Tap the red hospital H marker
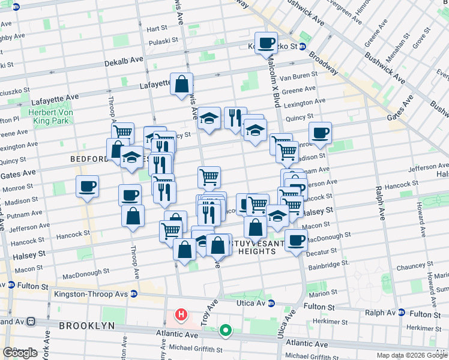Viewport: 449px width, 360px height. tap(180, 314)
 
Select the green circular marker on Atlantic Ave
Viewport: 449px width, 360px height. tap(226, 329)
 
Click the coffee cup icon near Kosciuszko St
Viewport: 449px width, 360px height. tap(266, 43)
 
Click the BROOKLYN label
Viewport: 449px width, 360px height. tap(86, 325)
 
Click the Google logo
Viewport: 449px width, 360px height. tap(20, 353)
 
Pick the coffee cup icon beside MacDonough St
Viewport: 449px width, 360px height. tap(295, 240)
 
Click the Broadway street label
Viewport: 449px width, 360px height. tap(324, 62)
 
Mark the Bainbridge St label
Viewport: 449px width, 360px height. tap(328, 263)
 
